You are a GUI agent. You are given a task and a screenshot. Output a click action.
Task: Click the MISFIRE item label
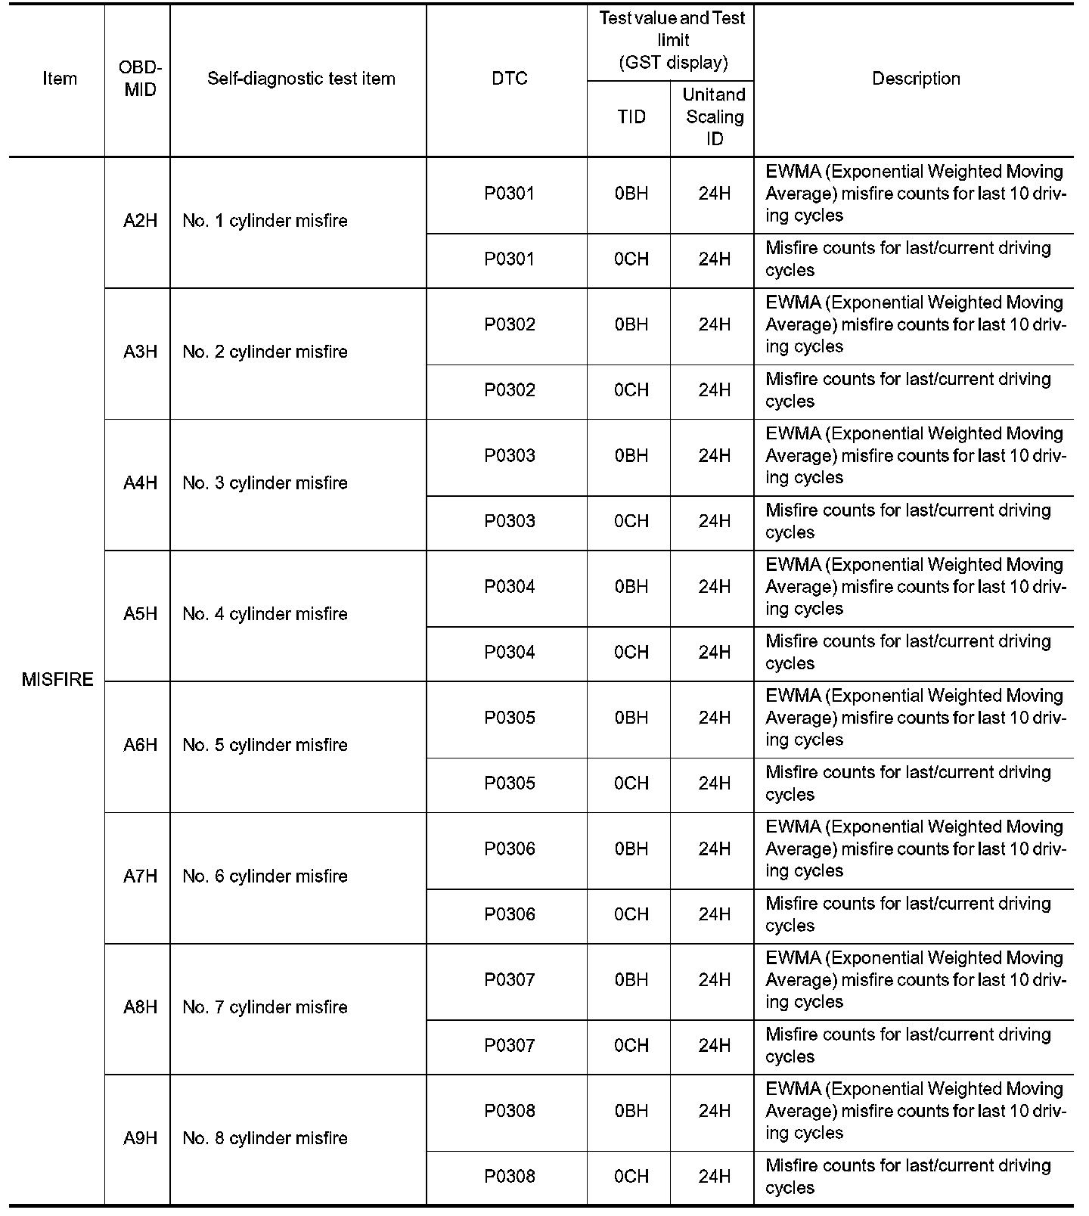(x=57, y=679)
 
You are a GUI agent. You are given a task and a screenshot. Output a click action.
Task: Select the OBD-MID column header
(x=141, y=79)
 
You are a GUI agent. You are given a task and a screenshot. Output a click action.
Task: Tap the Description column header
(x=916, y=79)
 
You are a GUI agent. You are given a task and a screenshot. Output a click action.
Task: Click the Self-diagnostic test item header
(x=301, y=79)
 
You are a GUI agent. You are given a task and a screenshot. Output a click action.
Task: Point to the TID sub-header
(x=631, y=116)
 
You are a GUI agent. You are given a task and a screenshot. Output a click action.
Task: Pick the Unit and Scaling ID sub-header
(x=714, y=116)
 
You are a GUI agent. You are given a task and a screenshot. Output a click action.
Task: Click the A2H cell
(x=141, y=221)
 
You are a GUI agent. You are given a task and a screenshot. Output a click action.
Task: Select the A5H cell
(x=141, y=614)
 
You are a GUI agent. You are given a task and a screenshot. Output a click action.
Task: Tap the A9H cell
(x=141, y=1138)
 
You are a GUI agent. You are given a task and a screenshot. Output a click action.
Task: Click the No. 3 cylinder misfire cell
(x=265, y=483)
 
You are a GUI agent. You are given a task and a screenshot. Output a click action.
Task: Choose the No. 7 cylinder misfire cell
(x=265, y=1007)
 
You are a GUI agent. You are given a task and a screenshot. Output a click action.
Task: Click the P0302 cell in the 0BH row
(x=510, y=324)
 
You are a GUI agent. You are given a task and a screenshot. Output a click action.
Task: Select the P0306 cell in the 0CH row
(x=510, y=914)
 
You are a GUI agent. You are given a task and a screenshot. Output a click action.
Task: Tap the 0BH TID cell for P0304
(x=631, y=587)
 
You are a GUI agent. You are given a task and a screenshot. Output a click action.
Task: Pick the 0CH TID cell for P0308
(x=631, y=1177)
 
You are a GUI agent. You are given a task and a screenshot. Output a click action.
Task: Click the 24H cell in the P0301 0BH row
(x=714, y=194)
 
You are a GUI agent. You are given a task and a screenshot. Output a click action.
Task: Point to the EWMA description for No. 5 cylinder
(x=915, y=718)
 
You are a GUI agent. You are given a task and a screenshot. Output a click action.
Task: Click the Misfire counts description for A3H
(x=907, y=390)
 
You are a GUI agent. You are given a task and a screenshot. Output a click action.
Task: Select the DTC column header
(x=510, y=79)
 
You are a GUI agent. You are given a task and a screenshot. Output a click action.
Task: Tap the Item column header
(x=60, y=79)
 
